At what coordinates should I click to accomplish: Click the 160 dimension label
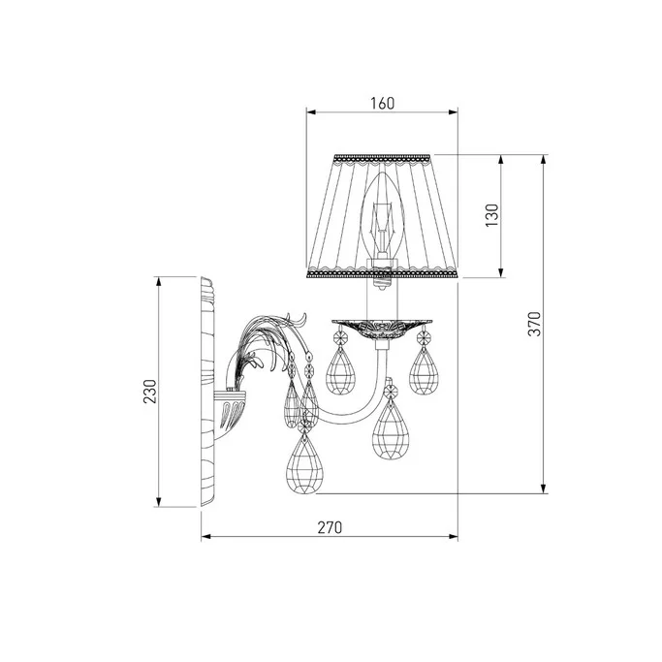click(x=383, y=104)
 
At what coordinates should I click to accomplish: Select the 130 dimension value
click(x=491, y=215)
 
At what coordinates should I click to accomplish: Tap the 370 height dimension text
click(x=534, y=324)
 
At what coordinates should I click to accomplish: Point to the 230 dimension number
click(x=150, y=392)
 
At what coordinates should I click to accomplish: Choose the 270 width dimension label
click(x=330, y=527)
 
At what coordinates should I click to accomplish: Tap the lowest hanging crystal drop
click(x=302, y=463)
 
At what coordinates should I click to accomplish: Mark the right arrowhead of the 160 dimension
click(x=454, y=111)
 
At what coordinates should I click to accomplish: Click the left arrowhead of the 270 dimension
click(x=206, y=537)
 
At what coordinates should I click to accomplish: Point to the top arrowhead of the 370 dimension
click(x=544, y=160)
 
